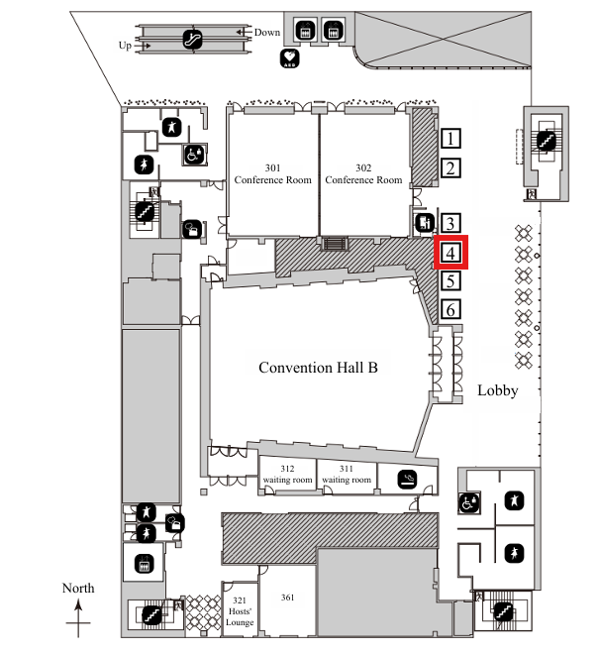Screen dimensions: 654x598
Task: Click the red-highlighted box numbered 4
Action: pyautogui.click(x=450, y=253)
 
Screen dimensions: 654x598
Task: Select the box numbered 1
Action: pyautogui.click(x=450, y=139)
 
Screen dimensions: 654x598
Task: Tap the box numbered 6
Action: pyautogui.click(x=450, y=310)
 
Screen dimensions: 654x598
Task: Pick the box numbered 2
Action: pyautogui.click(x=450, y=167)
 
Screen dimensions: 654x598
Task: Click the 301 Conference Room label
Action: pyautogui.click(x=273, y=173)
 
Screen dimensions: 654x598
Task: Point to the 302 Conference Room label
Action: pyautogui.click(x=364, y=173)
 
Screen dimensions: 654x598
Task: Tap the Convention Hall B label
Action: pyautogui.click(x=319, y=368)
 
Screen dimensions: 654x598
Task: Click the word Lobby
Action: pyautogui.click(x=497, y=390)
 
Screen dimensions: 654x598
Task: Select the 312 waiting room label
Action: pyautogui.click(x=287, y=475)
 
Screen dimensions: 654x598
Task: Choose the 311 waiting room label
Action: pyautogui.click(x=347, y=475)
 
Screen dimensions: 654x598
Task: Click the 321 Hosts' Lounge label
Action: pyautogui.click(x=241, y=611)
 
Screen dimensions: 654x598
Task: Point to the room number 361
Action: pyautogui.click(x=288, y=598)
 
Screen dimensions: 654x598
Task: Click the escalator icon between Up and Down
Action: pyautogui.click(x=193, y=40)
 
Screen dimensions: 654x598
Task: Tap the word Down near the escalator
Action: pyautogui.click(x=267, y=32)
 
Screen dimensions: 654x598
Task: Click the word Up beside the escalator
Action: pyautogui.click(x=125, y=46)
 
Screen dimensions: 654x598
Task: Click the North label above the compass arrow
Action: pyautogui.click(x=78, y=589)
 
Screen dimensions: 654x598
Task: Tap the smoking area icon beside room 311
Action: pyautogui.click(x=406, y=481)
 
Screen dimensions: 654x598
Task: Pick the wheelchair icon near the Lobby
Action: pyautogui.click(x=466, y=503)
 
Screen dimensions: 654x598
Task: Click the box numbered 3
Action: pyautogui.click(x=450, y=224)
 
